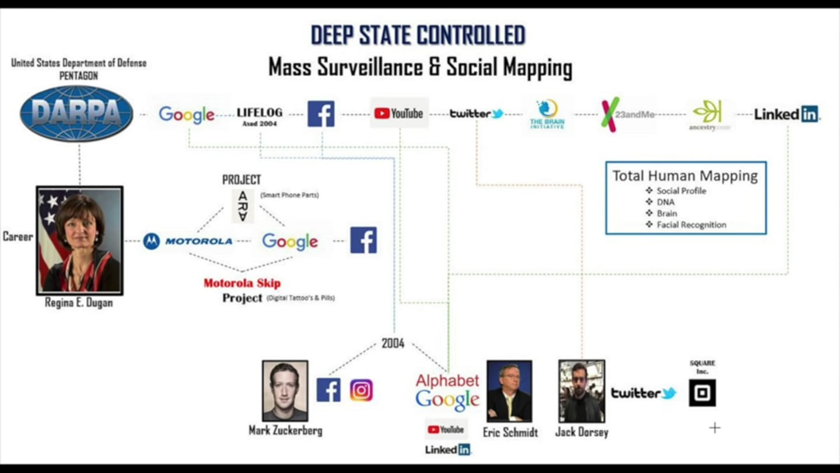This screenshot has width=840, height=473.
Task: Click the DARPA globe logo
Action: tap(76, 113)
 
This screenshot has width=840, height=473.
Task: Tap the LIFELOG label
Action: tap(260, 113)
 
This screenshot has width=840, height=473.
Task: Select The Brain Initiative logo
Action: tap(547, 114)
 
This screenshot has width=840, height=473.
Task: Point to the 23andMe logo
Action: tap(627, 114)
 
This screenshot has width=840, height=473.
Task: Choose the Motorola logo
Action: tap(188, 241)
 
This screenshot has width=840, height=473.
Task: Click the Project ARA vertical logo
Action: tap(243, 206)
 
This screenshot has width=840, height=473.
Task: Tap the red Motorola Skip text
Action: tap(242, 283)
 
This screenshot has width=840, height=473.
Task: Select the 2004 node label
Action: tap(393, 343)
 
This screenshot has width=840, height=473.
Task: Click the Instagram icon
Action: tap(361, 390)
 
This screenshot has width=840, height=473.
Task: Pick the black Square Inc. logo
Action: tap(702, 393)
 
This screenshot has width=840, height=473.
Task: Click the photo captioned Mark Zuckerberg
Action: tap(285, 390)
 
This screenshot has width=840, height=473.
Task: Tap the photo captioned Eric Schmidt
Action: tap(509, 391)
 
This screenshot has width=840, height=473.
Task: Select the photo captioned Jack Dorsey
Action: tap(581, 391)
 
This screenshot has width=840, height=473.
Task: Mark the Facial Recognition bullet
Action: tap(691, 225)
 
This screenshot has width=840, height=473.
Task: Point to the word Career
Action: tap(17, 236)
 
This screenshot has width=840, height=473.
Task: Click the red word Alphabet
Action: tap(447, 381)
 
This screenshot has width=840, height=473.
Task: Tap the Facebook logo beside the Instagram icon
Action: tap(328, 390)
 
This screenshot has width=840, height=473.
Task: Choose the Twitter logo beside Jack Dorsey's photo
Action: tap(643, 393)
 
